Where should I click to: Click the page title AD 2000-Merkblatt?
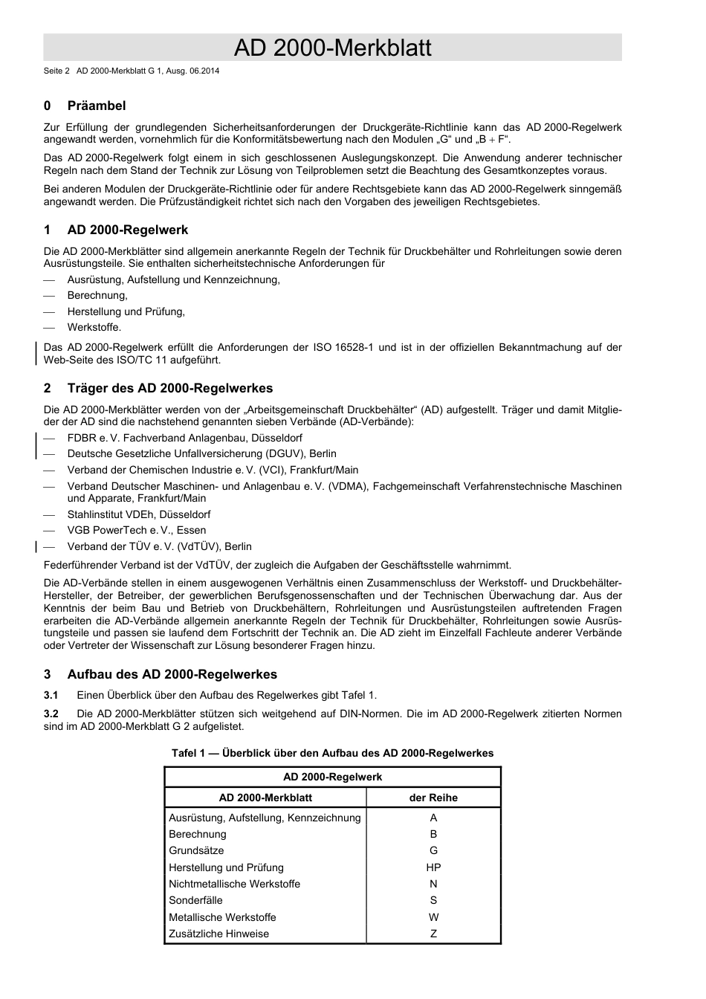pos(332,48)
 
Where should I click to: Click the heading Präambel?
pos(97,106)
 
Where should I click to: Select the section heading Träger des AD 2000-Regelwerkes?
pos(169,388)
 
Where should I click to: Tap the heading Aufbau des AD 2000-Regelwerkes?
pos(172,674)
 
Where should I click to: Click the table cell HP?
pos(433,867)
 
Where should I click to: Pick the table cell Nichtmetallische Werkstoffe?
pos(234,884)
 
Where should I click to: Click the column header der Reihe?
pos(433,798)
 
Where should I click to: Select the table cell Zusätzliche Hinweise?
pos(218,934)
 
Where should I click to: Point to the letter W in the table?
pos(433,917)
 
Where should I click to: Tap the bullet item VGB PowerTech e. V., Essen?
pos(137,530)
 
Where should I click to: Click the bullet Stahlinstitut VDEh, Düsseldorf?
pos(138,514)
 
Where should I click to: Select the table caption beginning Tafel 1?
pos(332,753)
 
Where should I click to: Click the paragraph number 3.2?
pos(51,714)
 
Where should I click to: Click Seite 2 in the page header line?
pos(56,71)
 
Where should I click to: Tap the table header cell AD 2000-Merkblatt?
pos(265,798)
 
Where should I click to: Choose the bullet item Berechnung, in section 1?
pos(97,296)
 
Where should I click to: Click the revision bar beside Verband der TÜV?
pos(37,546)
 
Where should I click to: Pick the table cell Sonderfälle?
pos(195,900)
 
